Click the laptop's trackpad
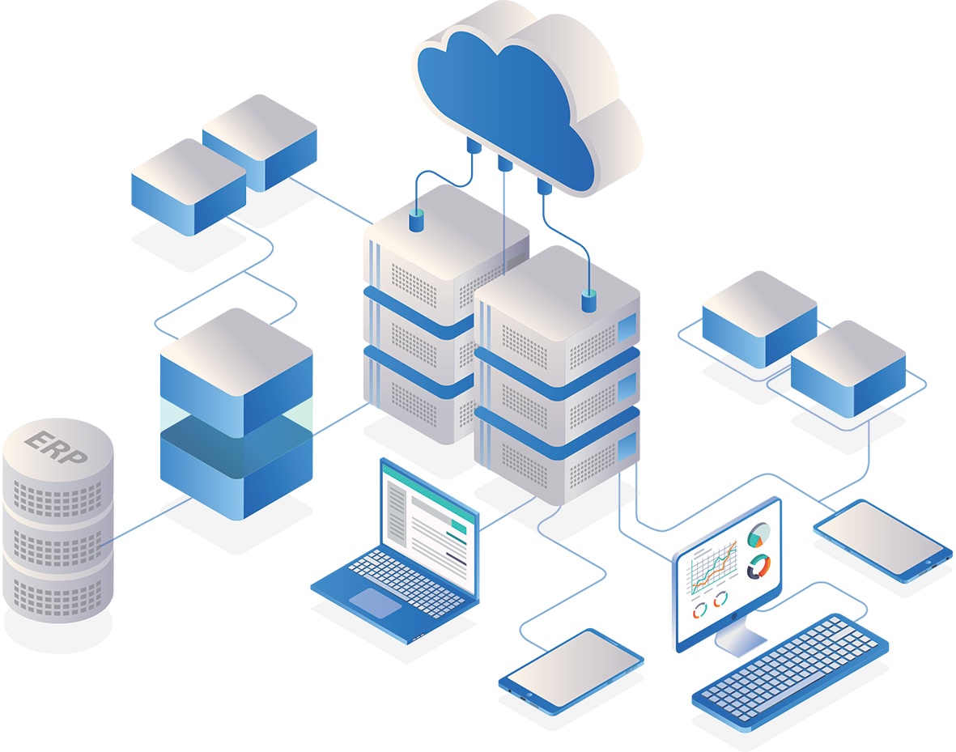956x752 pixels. pyautogui.click(x=376, y=602)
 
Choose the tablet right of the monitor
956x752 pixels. pyautogui.click(x=882, y=538)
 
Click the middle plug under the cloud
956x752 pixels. pyautogui.click(x=505, y=164)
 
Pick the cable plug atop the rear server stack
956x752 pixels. pyautogui.click(x=417, y=221)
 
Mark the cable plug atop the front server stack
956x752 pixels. pyautogui.click(x=589, y=302)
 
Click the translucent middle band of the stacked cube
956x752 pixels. pyautogui.click(x=236, y=417)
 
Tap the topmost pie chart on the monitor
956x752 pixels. pyautogui.click(x=759, y=534)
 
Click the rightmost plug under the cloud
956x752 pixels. pyautogui.click(x=544, y=187)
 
